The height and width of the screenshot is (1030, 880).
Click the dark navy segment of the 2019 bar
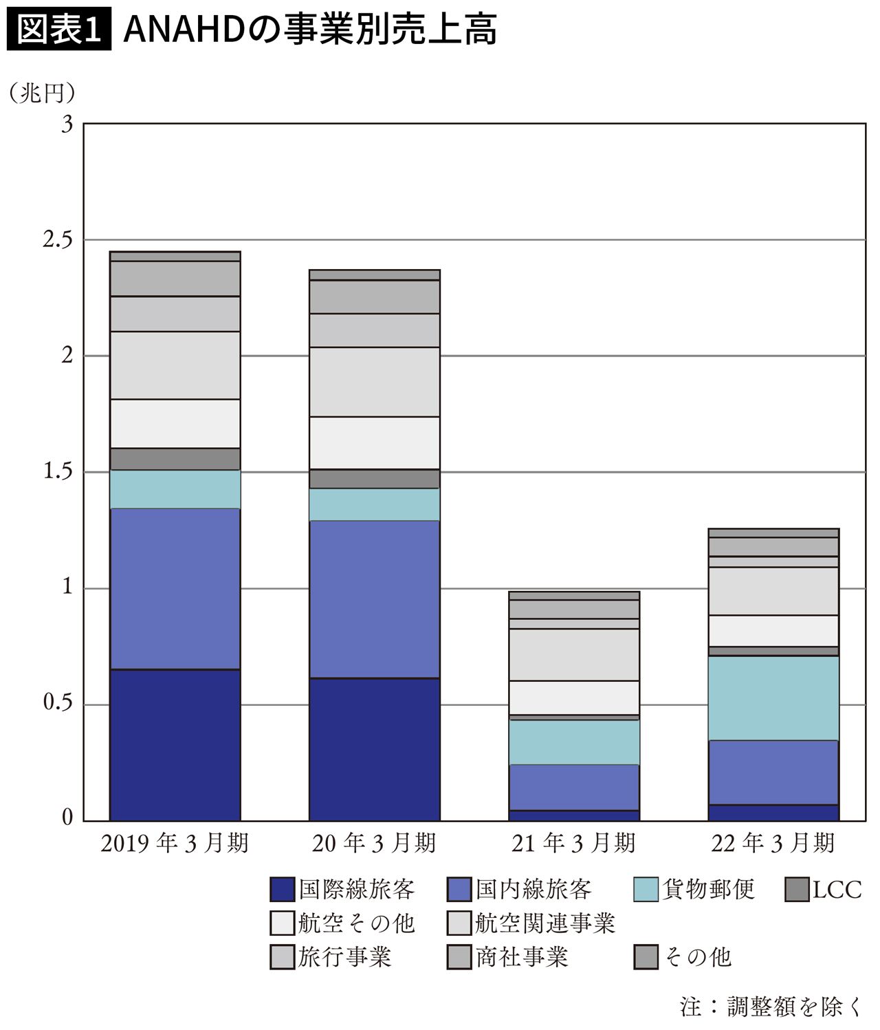coord(175,744)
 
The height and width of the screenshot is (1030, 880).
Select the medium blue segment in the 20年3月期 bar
coord(375,599)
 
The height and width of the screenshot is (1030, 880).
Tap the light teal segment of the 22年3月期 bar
coord(773,698)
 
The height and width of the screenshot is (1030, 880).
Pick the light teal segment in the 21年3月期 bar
coord(574,742)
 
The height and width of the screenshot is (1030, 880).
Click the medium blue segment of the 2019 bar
coord(175,588)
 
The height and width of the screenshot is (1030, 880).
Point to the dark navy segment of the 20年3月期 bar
coord(375,749)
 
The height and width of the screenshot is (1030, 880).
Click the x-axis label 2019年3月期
coord(175,844)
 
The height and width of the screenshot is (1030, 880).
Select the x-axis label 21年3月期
coord(573,844)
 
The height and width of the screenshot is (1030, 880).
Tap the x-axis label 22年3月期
coord(773,844)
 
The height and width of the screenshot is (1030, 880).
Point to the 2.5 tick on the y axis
coord(58,240)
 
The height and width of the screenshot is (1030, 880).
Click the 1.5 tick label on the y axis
coord(58,472)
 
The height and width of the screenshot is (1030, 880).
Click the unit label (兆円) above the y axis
coord(41,93)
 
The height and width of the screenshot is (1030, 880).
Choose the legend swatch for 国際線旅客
coord(282,890)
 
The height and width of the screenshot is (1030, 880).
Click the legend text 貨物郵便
coord(708,890)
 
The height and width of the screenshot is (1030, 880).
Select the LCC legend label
coord(837,890)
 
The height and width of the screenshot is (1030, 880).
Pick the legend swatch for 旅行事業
coord(282,957)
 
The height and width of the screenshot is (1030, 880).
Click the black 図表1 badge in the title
coord(58,31)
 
